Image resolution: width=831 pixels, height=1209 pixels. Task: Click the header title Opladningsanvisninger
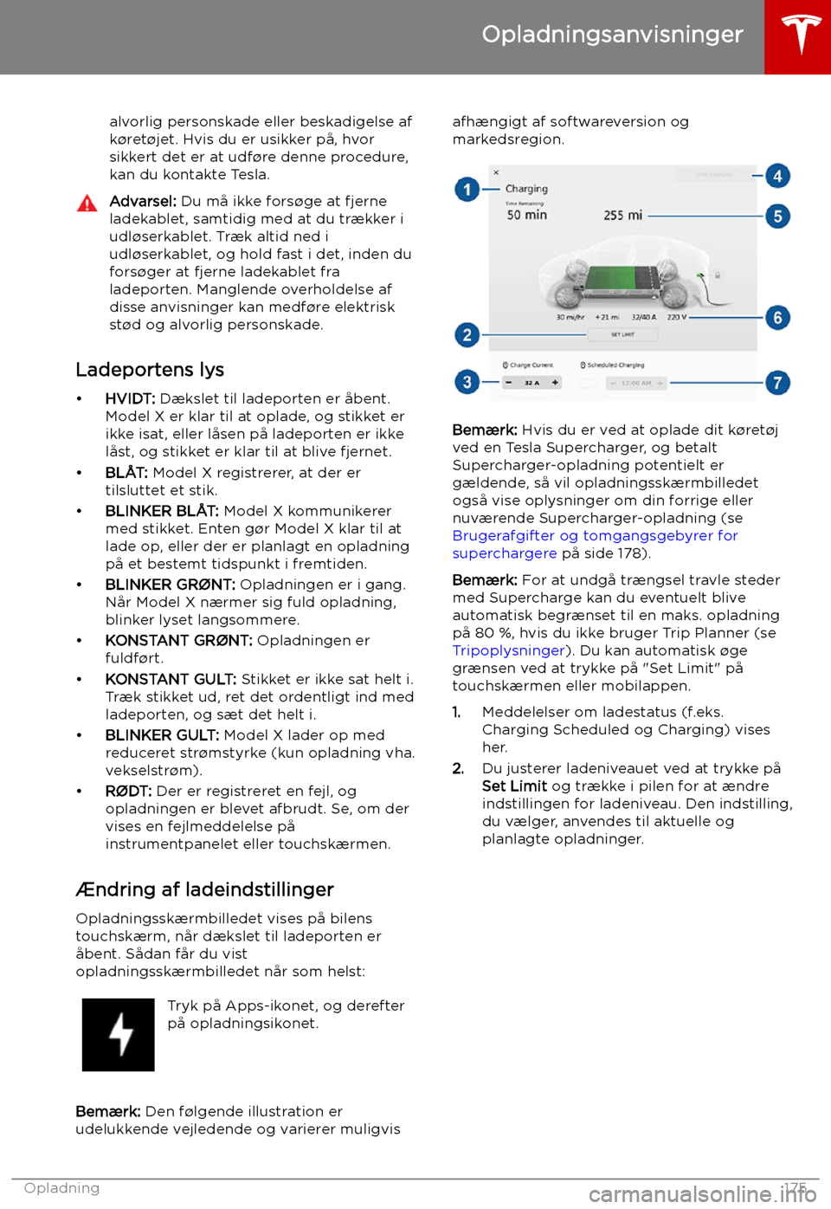tap(612, 35)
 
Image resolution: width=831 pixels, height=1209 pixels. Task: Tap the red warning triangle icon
tap(87, 204)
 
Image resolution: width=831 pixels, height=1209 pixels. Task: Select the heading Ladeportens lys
tap(150, 370)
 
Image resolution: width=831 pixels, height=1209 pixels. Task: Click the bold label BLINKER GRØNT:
tap(170, 585)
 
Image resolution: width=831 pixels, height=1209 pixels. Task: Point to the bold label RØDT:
tap(128, 791)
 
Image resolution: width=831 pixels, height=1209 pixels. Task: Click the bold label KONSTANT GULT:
tap(171, 679)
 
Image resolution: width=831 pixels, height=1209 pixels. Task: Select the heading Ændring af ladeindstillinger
tap(204, 889)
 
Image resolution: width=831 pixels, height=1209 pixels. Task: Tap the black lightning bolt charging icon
tap(119, 1035)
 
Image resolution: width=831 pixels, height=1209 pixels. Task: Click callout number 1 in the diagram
tap(467, 189)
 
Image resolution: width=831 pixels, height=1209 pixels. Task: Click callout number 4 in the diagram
tap(777, 176)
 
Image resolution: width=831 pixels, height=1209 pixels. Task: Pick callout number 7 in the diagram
tap(777, 382)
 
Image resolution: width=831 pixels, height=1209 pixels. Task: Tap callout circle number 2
tap(467, 334)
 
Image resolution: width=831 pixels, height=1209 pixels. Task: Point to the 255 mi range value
tap(622, 216)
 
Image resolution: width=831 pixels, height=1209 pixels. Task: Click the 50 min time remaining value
tap(526, 215)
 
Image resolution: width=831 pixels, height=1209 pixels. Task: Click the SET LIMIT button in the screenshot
tap(622, 334)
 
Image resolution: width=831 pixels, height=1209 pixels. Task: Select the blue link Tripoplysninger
tap(508, 650)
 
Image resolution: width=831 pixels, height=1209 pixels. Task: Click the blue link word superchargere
tap(505, 553)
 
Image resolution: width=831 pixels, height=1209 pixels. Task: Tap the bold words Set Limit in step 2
tap(514, 786)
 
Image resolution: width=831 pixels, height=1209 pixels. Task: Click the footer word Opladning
tap(61, 1188)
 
